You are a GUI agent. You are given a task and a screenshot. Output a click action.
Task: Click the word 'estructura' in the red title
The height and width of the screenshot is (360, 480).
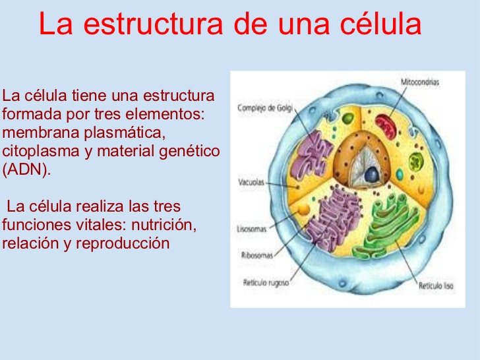pos(153,24)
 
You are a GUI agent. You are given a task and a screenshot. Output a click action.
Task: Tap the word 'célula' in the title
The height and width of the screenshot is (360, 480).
pos(381,23)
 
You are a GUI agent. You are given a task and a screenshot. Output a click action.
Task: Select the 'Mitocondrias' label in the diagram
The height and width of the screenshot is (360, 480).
pos(420,82)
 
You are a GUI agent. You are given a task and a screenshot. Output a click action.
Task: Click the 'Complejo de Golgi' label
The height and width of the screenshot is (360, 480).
pos(265,107)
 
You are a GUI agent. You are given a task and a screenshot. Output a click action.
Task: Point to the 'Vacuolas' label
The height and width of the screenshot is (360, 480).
pos(251,183)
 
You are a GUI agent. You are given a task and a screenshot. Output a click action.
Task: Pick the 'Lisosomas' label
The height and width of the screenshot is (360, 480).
pos(252,229)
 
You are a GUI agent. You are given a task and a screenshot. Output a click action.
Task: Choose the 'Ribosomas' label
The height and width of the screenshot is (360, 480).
pos(257,255)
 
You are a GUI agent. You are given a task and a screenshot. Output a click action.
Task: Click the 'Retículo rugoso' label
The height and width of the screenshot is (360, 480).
pos(266,282)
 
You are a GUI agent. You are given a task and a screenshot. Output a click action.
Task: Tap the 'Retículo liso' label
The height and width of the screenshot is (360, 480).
pos(436,286)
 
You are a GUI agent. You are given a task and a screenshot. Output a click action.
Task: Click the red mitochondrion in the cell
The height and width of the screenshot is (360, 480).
pos(386,126)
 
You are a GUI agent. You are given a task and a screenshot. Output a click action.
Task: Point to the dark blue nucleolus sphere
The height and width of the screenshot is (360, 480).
pos(372,174)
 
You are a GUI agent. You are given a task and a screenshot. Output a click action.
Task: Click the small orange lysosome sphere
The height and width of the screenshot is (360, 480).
pos(304,210)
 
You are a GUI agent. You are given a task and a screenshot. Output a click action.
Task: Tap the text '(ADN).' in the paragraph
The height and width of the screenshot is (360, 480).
pos(26,169)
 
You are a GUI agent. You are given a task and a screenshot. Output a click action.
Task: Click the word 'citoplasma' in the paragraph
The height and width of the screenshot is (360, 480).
pos(41,151)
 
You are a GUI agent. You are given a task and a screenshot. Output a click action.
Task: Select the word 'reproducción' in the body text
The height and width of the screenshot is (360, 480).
pos(123,243)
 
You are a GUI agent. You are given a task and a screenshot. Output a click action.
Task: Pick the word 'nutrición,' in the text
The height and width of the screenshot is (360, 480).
pos(164,225)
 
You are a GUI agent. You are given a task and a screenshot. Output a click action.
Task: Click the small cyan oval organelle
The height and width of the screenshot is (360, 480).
pos(400,174)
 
